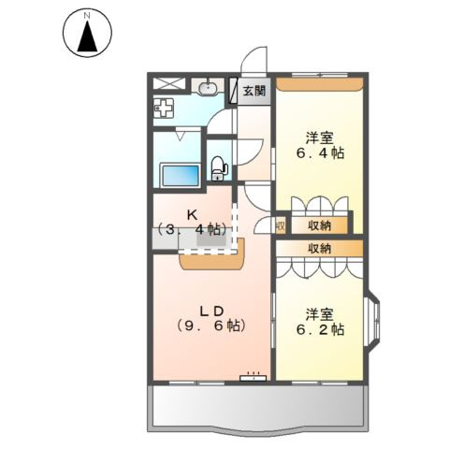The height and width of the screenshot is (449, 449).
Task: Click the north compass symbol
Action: pyautogui.click(x=87, y=35)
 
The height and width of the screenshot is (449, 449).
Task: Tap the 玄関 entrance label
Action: pyautogui.click(x=253, y=92)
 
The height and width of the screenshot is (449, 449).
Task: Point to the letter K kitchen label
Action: pyautogui.click(x=191, y=214)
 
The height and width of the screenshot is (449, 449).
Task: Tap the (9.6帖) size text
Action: pyautogui.click(x=210, y=326)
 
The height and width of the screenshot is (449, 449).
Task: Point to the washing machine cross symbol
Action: pyautogui.click(x=165, y=108)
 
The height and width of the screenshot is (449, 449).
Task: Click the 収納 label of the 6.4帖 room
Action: pyautogui.click(x=319, y=224)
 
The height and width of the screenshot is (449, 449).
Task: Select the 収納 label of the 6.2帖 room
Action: pyautogui.click(x=319, y=248)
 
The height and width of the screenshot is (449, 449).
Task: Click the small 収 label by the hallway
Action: pyautogui.click(x=280, y=225)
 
